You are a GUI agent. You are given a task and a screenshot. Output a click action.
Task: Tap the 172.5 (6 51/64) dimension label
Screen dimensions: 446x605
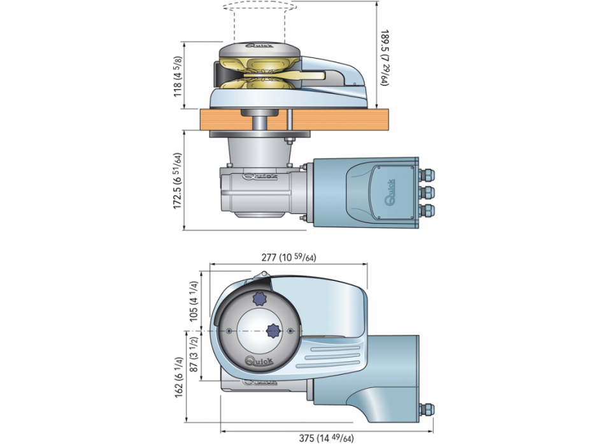(179, 180)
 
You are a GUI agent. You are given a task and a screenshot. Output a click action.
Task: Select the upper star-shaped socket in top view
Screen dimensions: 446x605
(260, 298)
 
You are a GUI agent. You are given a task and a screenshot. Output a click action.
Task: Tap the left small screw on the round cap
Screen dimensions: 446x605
(229, 330)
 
